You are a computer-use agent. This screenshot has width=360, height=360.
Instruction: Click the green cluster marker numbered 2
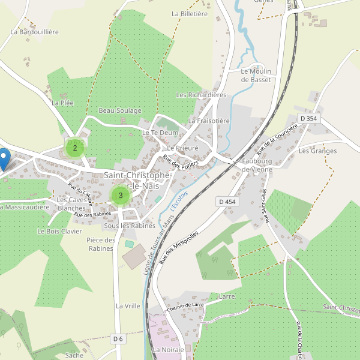pos(74,148)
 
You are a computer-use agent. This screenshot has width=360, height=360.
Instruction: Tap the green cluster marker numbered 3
pos(121,195)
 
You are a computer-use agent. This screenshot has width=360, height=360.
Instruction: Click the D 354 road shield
pos(309,119)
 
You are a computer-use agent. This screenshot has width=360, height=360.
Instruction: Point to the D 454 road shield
pos(227,202)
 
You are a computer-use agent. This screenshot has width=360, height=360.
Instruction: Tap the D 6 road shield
pos(118,339)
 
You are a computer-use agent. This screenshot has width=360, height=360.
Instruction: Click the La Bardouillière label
pos(35,32)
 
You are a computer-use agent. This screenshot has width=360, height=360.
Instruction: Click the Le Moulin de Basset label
pos(256,75)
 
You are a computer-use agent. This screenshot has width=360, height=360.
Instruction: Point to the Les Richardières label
pos(201,95)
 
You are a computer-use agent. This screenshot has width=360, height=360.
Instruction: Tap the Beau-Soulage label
pos(120,111)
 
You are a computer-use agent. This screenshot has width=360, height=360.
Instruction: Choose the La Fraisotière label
pos(209,121)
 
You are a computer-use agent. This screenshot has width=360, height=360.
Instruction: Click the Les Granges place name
pos(317,151)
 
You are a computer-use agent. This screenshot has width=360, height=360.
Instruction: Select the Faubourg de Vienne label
pos(257,166)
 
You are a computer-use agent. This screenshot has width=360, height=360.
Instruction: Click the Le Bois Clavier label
pos(59,231)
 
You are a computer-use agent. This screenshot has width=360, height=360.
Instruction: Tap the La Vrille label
pos(128,305)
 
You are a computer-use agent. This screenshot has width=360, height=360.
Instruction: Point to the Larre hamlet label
pos(227,296)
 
